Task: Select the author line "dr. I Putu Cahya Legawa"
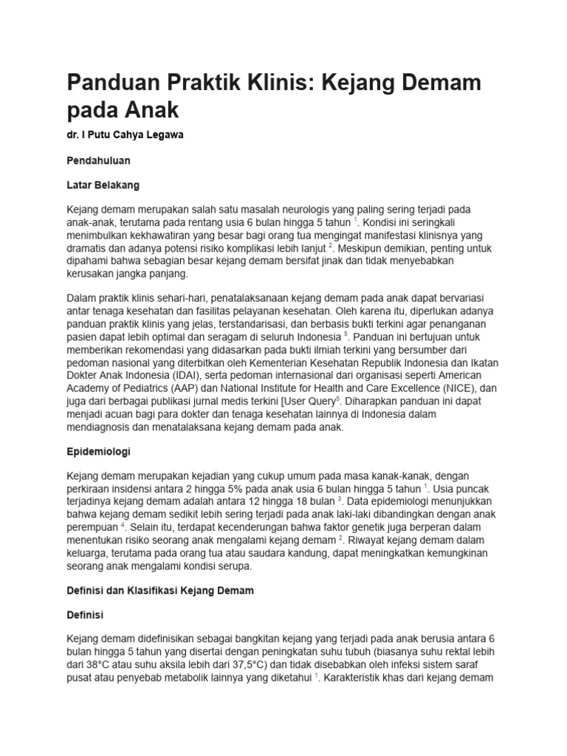coord(126,136)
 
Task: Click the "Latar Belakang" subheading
coord(103,184)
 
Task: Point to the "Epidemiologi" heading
coord(98,450)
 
